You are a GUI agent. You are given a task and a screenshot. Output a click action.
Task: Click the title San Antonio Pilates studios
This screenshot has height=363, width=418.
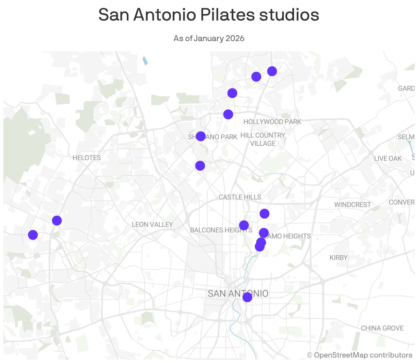coord(209,15)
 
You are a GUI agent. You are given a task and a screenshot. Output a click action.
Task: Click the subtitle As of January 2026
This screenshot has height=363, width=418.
coord(209,38)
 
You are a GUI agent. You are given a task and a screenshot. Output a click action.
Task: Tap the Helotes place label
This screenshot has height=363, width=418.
coord(87,158)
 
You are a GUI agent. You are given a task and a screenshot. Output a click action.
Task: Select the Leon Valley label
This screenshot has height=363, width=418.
coord(152,225)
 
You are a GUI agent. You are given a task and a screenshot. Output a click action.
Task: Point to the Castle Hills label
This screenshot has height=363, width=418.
coord(240,197)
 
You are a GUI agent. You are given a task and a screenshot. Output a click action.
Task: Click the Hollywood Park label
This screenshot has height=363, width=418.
coord(272,122)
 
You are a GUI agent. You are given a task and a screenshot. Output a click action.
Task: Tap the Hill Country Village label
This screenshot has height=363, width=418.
coord(263,139)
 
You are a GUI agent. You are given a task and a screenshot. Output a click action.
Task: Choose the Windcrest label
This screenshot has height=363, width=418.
coord(353,205)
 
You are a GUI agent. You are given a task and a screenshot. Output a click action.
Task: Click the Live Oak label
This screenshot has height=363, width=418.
coord(388,159)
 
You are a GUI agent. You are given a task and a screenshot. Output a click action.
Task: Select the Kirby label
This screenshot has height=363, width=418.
coord(339,258)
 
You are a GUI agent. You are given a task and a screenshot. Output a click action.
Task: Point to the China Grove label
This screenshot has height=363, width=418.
coord(382,328)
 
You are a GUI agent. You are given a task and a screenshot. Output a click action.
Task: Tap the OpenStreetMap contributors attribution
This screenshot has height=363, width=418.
coord(360,355)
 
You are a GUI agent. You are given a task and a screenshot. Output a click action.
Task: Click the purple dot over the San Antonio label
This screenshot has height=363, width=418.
coord(247,297)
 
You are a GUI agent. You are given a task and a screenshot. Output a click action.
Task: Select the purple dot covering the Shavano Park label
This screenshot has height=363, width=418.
coord(201,136)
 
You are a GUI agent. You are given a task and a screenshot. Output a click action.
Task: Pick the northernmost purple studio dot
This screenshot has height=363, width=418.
coord(272,71)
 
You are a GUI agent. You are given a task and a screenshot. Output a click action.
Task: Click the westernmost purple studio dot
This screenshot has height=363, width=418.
coord(33,235)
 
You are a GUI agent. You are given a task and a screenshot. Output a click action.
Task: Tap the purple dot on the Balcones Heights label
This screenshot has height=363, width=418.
coord(244,225)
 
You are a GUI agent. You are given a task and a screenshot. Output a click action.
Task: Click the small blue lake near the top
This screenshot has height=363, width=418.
coord(145,61)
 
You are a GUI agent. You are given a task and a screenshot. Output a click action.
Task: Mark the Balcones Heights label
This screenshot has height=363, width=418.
coord(216,230)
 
